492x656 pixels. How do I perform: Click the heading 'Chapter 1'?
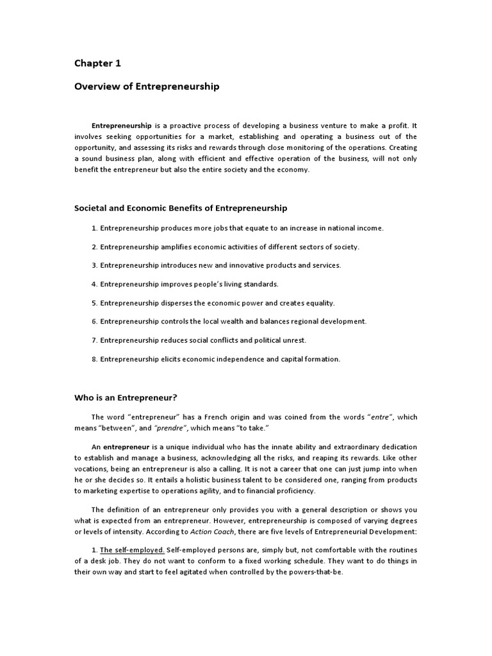(97, 63)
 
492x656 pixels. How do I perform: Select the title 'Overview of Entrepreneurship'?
(147, 86)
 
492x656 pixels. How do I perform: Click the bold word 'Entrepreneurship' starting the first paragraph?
(122, 126)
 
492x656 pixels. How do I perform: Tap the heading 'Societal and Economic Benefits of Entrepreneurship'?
(181, 208)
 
